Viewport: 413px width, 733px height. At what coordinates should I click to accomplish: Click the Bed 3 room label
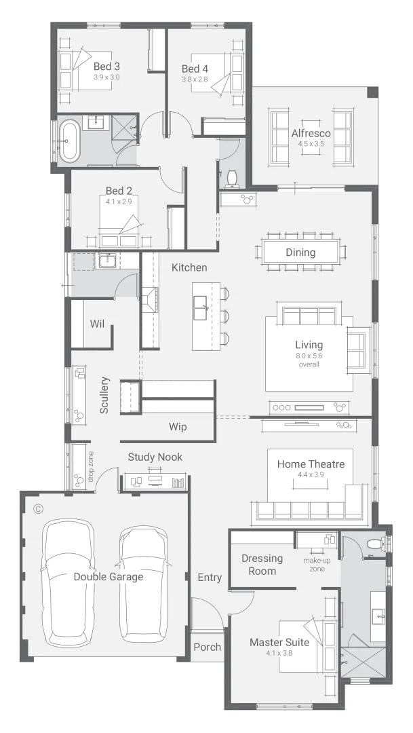[x=106, y=67]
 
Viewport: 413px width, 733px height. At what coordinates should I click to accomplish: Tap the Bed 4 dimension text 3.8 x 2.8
[x=194, y=79]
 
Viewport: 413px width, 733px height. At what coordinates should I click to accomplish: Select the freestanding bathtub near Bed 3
[x=69, y=141]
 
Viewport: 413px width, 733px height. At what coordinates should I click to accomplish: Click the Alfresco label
[x=311, y=133]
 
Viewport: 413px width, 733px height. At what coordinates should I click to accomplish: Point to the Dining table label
[x=300, y=252]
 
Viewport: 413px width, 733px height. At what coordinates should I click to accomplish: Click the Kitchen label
[x=189, y=267]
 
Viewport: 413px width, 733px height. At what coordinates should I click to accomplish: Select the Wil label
[x=98, y=324]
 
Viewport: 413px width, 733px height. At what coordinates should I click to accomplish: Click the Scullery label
[x=104, y=395]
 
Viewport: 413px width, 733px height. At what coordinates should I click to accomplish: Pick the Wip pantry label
[x=178, y=427]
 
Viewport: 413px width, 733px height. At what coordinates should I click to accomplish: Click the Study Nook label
[x=155, y=457]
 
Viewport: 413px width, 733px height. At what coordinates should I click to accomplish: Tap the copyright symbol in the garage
[x=39, y=508]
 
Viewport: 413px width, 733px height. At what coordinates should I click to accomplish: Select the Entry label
[x=210, y=577]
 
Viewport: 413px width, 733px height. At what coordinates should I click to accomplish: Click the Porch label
[x=207, y=647]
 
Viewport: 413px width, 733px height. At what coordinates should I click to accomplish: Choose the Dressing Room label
[x=262, y=565]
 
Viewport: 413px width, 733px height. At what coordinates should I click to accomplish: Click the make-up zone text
[x=313, y=565]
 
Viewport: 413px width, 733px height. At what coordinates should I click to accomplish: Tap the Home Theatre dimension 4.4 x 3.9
[x=311, y=476]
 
